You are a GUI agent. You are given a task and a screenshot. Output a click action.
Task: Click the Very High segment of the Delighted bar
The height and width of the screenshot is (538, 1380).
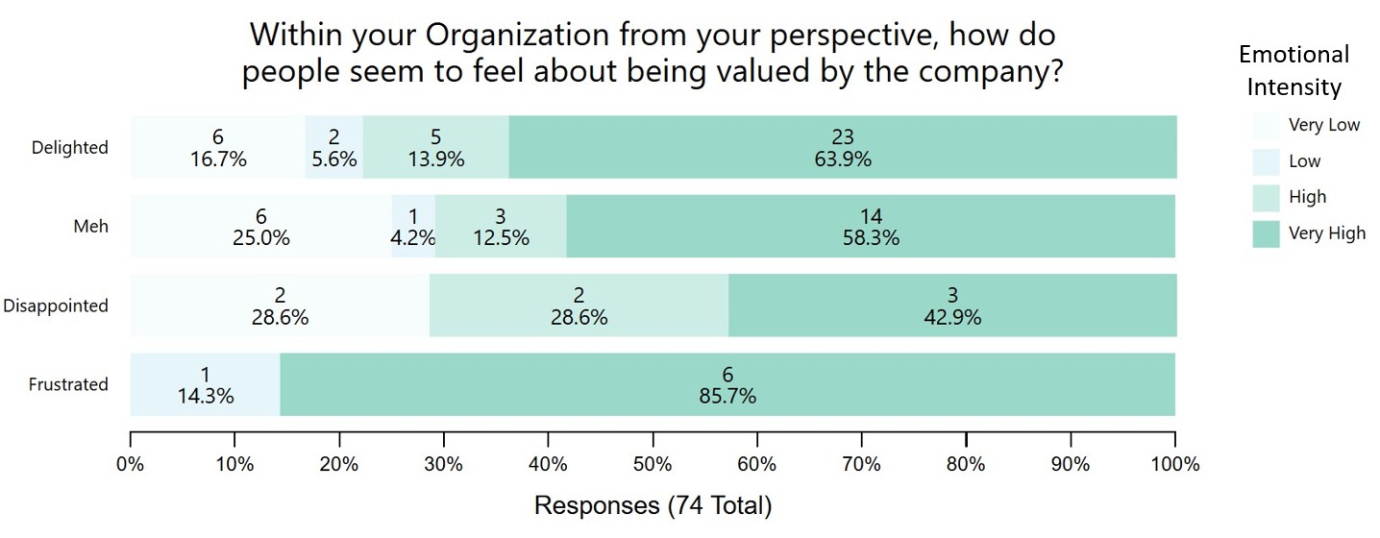pos(842,147)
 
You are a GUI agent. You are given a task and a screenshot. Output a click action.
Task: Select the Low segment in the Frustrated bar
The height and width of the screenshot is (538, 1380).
pos(205,384)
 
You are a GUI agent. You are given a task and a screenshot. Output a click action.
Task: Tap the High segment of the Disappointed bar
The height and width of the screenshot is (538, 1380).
pos(579,306)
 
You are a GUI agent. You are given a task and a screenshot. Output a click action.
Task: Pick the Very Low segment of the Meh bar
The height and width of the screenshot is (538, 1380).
pos(260,227)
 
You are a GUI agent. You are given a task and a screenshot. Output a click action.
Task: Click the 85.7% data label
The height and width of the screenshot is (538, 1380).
pos(727,395)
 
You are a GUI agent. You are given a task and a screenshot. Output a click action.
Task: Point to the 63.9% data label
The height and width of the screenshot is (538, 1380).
pos(842,159)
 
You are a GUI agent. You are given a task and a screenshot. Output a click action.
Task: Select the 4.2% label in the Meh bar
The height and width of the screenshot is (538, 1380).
pos(414,238)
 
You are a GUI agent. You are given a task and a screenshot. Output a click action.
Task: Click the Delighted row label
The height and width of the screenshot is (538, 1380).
pos(70,148)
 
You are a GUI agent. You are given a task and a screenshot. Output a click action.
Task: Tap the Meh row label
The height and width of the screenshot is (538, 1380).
pos(91,227)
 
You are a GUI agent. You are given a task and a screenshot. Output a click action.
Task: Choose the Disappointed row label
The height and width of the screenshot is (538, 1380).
pos(56,306)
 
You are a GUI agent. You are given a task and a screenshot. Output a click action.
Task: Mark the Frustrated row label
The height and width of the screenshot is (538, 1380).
pos(68,384)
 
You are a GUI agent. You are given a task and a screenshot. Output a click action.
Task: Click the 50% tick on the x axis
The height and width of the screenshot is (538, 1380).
pos(653,464)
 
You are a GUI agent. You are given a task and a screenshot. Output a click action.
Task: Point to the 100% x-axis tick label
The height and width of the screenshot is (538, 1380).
pos(1174,464)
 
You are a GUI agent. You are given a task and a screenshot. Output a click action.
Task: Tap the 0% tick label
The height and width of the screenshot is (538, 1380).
pos(131,464)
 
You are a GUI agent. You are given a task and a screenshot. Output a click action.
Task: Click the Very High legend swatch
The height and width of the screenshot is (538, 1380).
pos(1266,233)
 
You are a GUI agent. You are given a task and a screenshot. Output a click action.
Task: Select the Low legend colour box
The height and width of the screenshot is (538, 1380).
pos(1266,161)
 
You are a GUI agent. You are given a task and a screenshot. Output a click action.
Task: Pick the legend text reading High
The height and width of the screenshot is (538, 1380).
pos(1307,197)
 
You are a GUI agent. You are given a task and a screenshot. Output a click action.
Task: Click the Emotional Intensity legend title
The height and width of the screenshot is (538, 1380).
pos(1294,70)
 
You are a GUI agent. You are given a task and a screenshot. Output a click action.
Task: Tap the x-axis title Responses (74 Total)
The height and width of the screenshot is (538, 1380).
pos(653,505)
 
